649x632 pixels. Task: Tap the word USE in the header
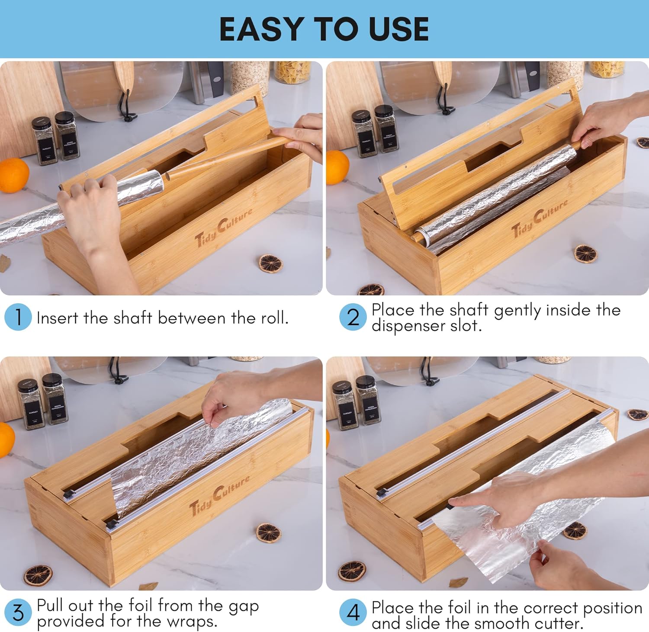point(398,29)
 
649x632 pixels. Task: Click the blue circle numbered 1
point(18,317)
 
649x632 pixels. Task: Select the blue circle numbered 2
point(353,317)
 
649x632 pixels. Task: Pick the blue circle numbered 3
point(18,613)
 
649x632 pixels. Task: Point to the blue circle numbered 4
point(353,613)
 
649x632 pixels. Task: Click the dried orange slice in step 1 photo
point(270,263)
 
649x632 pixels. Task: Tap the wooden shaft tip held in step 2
point(576,145)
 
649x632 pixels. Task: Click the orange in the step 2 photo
point(337,167)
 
